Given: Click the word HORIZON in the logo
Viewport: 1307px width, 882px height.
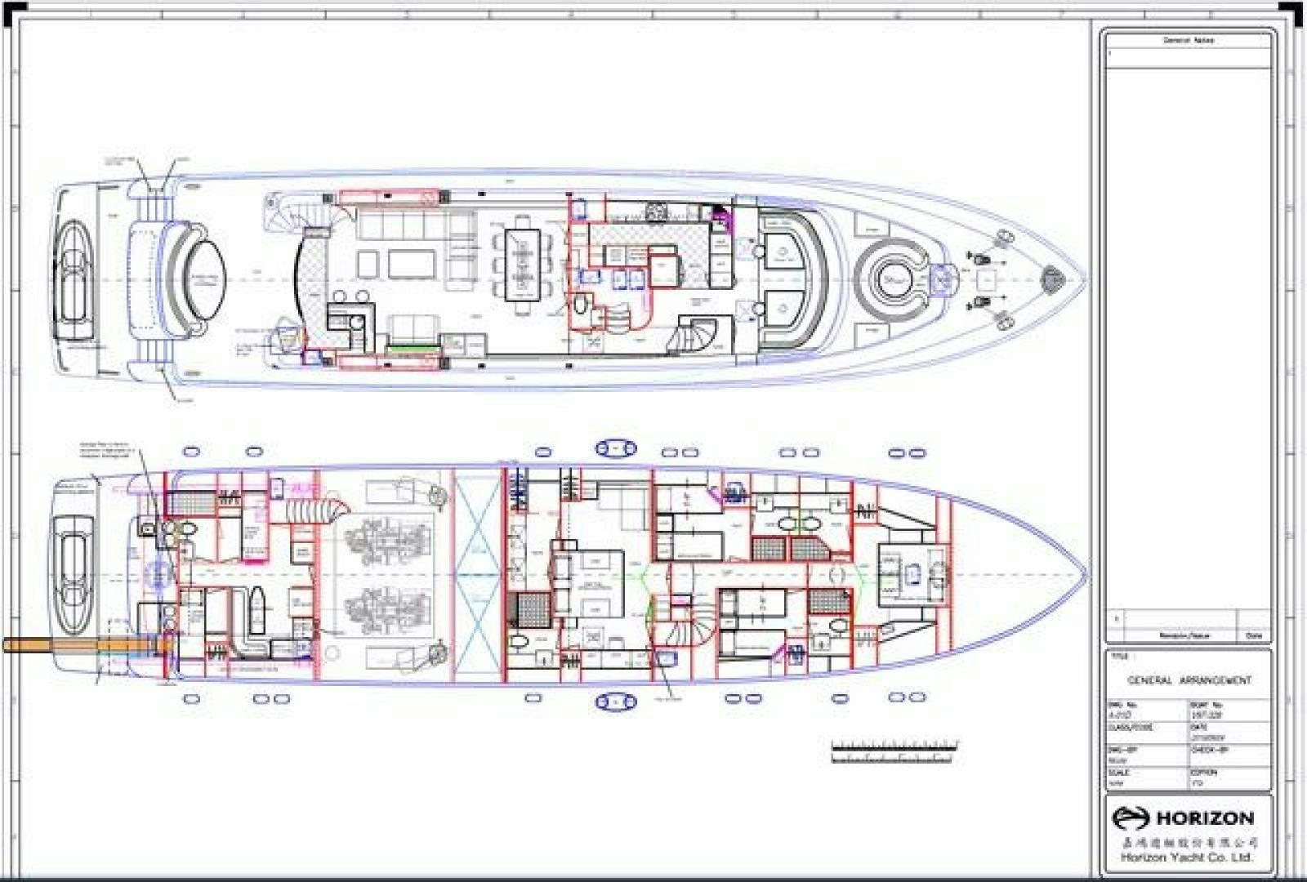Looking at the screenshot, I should pyautogui.click(x=1205, y=818).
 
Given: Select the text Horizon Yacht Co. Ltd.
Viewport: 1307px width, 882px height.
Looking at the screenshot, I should pyautogui.click(x=1186, y=857).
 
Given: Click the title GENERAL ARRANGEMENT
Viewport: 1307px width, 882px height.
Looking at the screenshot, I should pyautogui.click(x=1189, y=680).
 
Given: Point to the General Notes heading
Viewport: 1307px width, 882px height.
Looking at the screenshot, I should pyautogui.click(x=1189, y=40).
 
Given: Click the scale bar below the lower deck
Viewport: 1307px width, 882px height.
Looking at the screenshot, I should pyautogui.click(x=894, y=752).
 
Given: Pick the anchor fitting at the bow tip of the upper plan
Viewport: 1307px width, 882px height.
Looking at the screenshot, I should pyautogui.click(x=1054, y=280).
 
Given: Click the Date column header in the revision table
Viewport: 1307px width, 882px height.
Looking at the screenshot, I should pyautogui.click(x=1254, y=635).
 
